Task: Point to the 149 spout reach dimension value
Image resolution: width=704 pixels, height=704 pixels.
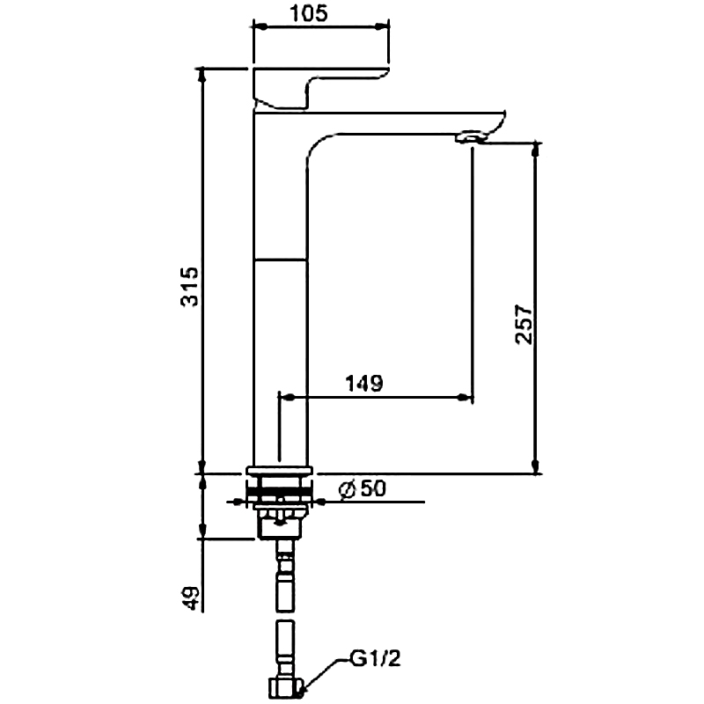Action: point(363,383)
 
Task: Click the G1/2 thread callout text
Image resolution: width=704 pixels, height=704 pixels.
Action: point(376,658)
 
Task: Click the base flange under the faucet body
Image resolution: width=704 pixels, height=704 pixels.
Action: point(280,470)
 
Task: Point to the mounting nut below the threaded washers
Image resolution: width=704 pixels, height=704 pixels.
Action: point(280,525)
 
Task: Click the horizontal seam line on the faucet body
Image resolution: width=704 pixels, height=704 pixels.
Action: point(281,260)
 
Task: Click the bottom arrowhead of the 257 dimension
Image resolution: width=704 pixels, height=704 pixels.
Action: point(534,466)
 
